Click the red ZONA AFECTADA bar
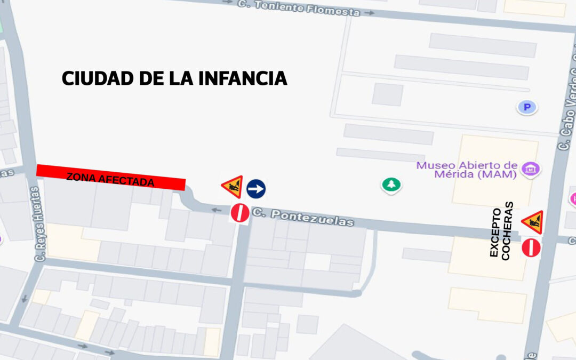110,178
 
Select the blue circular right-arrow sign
256,188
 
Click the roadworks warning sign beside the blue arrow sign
233,187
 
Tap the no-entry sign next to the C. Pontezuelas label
239,213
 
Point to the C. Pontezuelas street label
303,217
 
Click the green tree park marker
391,185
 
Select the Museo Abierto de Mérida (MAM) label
467,170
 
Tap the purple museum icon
531,170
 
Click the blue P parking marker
527,108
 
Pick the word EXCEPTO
494,233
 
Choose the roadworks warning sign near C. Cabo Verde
532,222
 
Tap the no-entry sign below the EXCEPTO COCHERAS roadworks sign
531,248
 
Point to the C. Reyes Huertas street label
39,224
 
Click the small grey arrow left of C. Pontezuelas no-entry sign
216,210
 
